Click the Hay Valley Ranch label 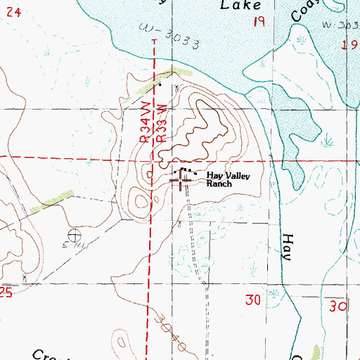pos(228,179)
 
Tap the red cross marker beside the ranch pos(183,182)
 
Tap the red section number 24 pos(15,12)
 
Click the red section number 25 pos(6,293)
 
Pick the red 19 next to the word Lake pos(259,23)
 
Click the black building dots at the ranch pos(185,170)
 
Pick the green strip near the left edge pos(53,203)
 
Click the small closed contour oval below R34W pos(142,202)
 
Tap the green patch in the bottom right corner pos(314,352)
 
